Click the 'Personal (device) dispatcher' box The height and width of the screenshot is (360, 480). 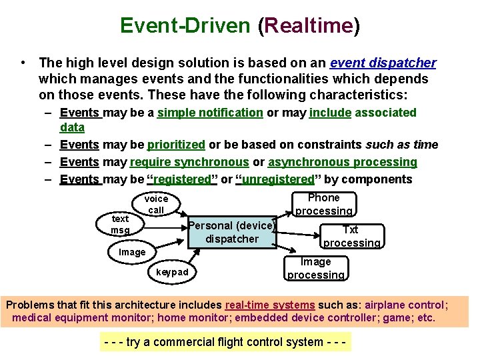click(231, 232)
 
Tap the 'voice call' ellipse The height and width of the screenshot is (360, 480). click(156, 204)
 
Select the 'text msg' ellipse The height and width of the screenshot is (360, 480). click(121, 224)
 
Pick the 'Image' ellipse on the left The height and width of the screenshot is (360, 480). click(132, 252)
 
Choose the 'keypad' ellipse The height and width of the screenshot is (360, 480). click(172, 272)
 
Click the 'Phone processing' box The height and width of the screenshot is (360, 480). click(324, 205)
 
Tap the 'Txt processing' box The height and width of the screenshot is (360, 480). click(351, 237)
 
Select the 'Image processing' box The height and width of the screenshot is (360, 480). click(316, 268)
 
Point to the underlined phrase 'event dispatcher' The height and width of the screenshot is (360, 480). click(383, 63)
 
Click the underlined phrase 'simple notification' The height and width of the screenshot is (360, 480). click(210, 113)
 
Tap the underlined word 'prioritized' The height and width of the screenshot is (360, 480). click(176, 145)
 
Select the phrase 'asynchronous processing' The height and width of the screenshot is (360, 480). click(343, 162)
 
